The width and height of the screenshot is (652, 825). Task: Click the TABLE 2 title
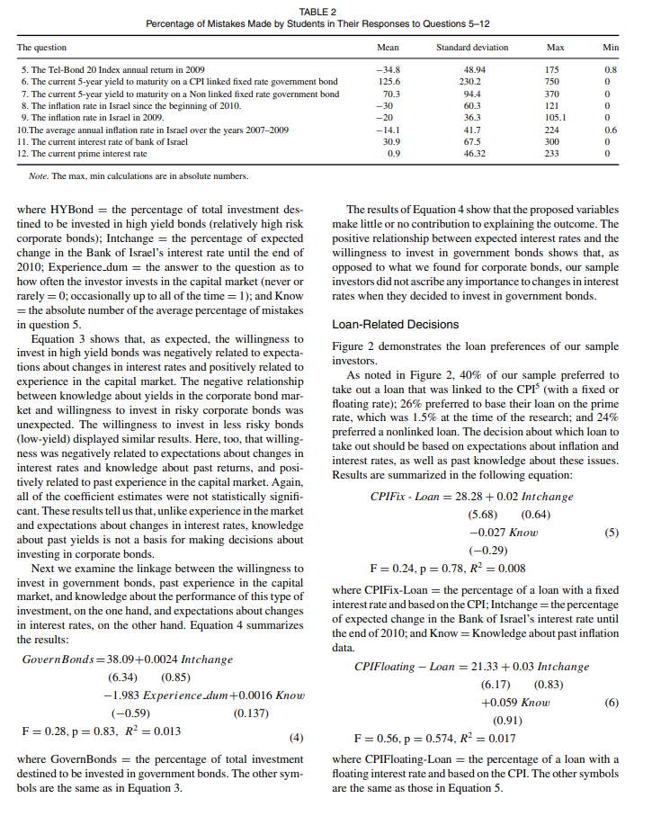pyautogui.click(x=326, y=10)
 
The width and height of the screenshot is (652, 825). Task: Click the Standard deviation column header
pyautogui.click(x=471, y=47)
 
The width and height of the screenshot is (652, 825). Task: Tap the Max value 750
pyautogui.click(x=553, y=81)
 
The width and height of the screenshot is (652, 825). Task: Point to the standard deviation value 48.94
pyautogui.click(x=472, y=68)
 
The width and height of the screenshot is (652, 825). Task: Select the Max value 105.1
pyautogui.click(x=555, y=117)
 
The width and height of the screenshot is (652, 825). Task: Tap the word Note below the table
pyautogui.click(x=40, y=175)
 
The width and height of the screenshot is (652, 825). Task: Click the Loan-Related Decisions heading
pyautogui.click(x=395, y=324)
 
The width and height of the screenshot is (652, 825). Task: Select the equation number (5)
pyautogui.click(x=612, y=532)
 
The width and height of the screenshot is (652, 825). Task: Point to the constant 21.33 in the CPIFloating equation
pyautogui.click(x=489, y=667)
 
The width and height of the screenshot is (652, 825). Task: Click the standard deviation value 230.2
pyautogui.click(x=471, y=81)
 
